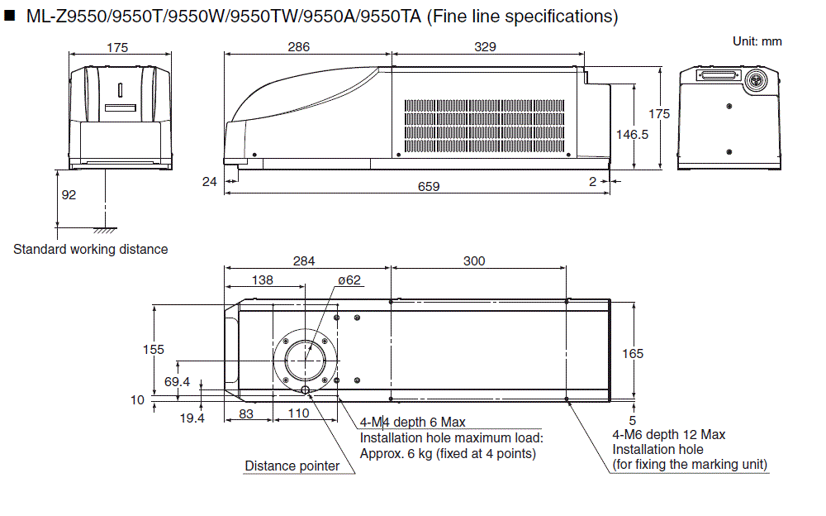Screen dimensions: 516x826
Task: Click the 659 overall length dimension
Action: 428,187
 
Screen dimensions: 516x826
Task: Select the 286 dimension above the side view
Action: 299,48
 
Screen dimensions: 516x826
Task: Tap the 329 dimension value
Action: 486,48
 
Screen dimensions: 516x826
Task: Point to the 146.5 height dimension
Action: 633,134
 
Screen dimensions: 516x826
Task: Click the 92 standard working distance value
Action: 69,195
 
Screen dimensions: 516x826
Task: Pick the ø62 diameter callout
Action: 349,280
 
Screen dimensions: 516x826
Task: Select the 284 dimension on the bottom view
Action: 303,261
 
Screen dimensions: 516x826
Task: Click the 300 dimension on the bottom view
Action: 474,261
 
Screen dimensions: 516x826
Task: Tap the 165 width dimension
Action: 633,354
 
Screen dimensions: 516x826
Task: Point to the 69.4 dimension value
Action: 177,381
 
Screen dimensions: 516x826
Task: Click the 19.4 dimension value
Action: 192,418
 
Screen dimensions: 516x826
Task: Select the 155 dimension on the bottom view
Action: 154,349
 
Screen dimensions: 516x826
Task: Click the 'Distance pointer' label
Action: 292,466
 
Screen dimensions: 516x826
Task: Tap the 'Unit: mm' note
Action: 757,41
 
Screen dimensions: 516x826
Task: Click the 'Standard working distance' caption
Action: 90,250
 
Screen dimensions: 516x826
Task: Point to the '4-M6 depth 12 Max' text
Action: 668,435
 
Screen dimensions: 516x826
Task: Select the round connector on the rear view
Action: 753,80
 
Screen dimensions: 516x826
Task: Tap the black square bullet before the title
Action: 11,16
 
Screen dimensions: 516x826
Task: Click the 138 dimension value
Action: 262,280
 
